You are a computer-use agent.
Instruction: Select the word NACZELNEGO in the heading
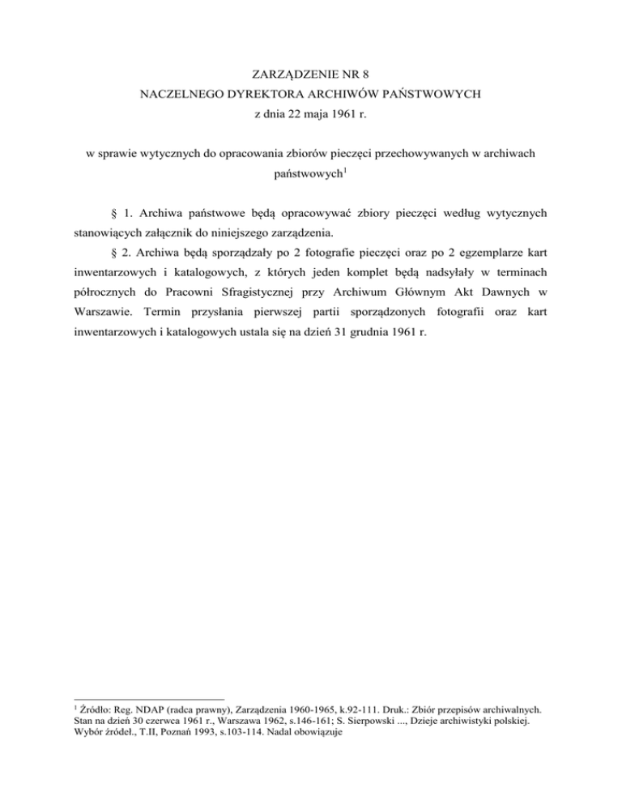[177, 94]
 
